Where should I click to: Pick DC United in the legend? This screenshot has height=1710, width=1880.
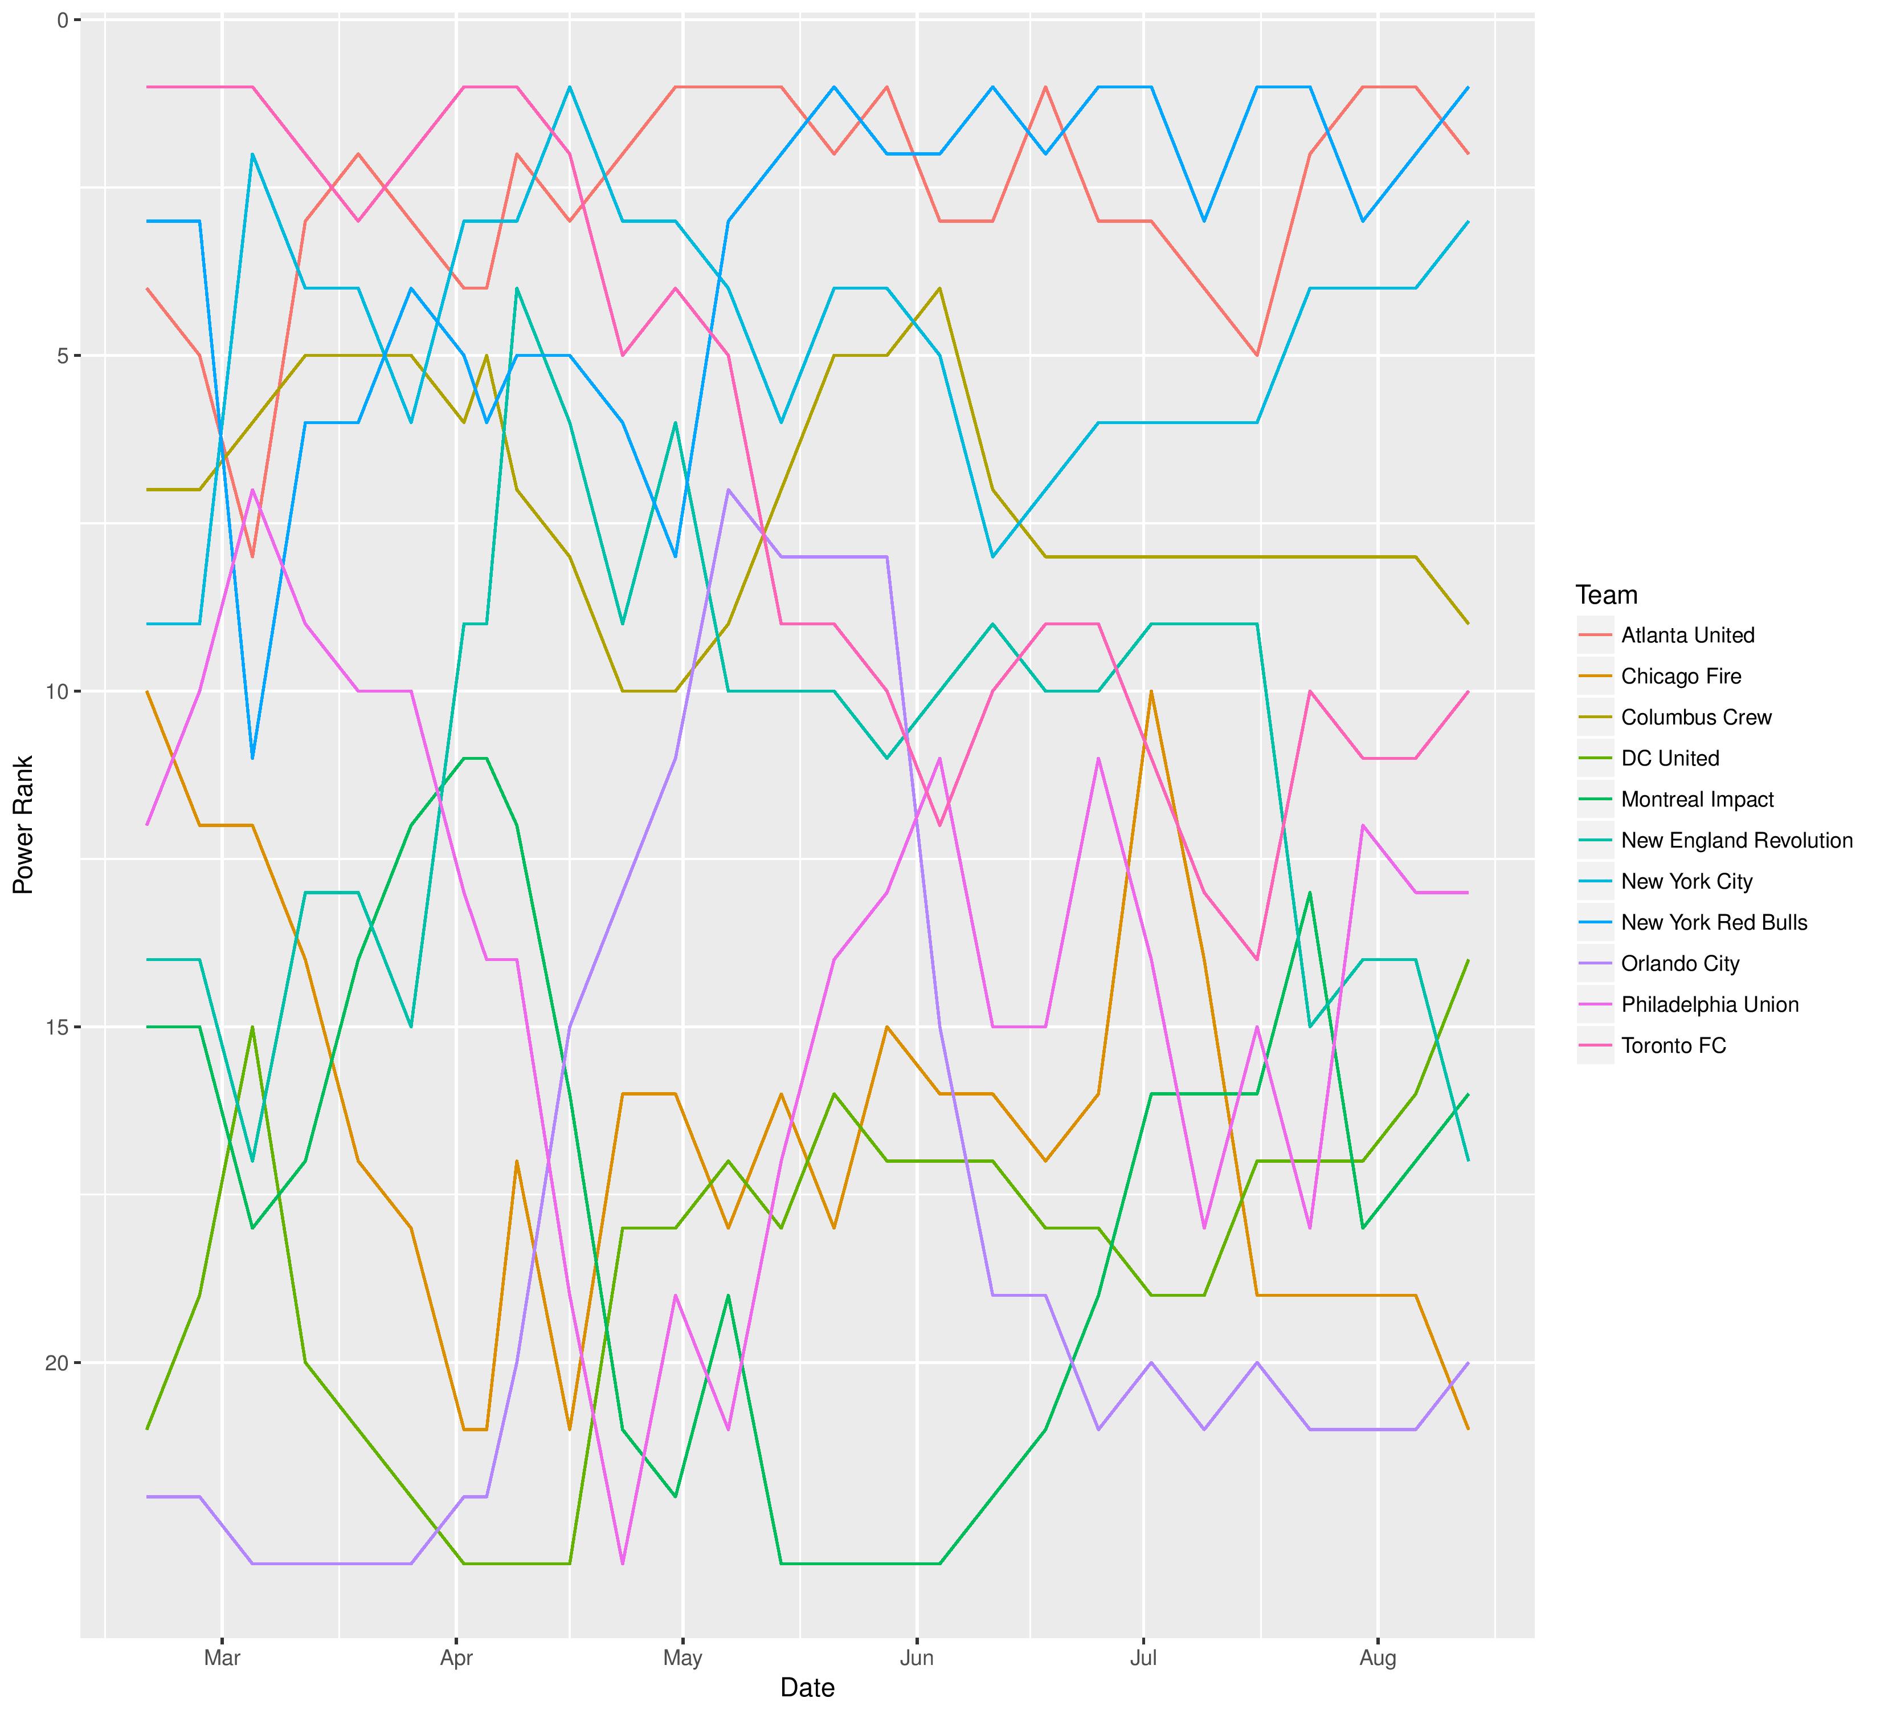pos(1669,759)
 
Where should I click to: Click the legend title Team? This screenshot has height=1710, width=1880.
pos(1606,595)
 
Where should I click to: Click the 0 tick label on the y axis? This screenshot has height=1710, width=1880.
pos(63,19)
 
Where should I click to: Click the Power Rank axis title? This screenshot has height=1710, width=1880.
pos(23,825)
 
